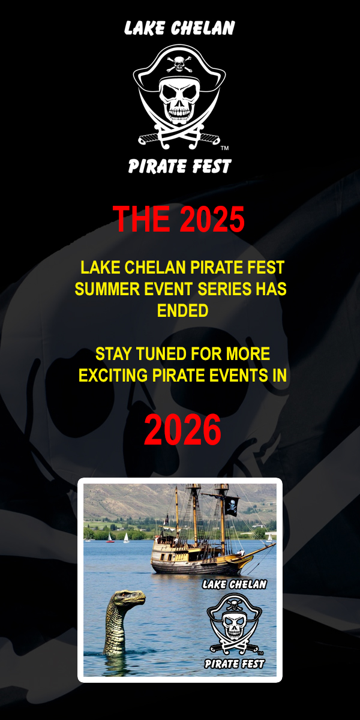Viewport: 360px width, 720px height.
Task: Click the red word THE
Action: pyautogui.click(x=141, y=218)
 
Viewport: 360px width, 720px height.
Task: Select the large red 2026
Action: pyautogui.click(x=182, y=430)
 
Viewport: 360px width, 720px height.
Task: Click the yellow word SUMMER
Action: pyautogui.click(x=107, y=289)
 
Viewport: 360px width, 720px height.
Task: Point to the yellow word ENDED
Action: pyautogui.click(x=182, y=311)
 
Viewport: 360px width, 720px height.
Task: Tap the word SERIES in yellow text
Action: pyautogui.click(x=224, y=289)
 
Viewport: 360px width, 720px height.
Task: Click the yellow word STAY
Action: pyautogui.click(x=113, y=354)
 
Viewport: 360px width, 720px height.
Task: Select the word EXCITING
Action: pyautogui.click(x=113, y=376)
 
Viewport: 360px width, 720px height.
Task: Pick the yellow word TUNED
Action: pyautogui.click(x=161, y=354)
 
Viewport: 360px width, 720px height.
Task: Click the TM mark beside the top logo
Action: pyautogui.click(x=224, y=148)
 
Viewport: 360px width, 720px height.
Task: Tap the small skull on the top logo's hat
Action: pyautogui.click(x=179, y=63)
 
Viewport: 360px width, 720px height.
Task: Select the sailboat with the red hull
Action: pyautogui.click(x=110, y=538)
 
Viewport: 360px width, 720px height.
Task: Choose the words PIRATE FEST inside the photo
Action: pyautogui.click(x=235, y=664)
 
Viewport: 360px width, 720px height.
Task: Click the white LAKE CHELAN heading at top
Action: pyautogui.click(x=179, y=28)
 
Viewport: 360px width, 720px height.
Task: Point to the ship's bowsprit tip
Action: pyautogui.click(x=275, y=544)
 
